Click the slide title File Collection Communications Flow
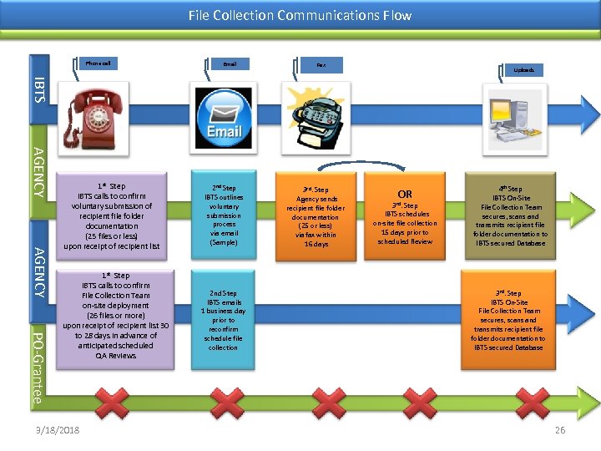pos(300,15)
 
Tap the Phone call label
pos(98,63)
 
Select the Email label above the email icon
pos(230,63)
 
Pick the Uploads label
pos(523,70)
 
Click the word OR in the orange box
pos(405,194)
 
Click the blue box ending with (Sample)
pos(224,215)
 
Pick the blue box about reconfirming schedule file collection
pos(224,320)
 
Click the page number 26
pos(560,429)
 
